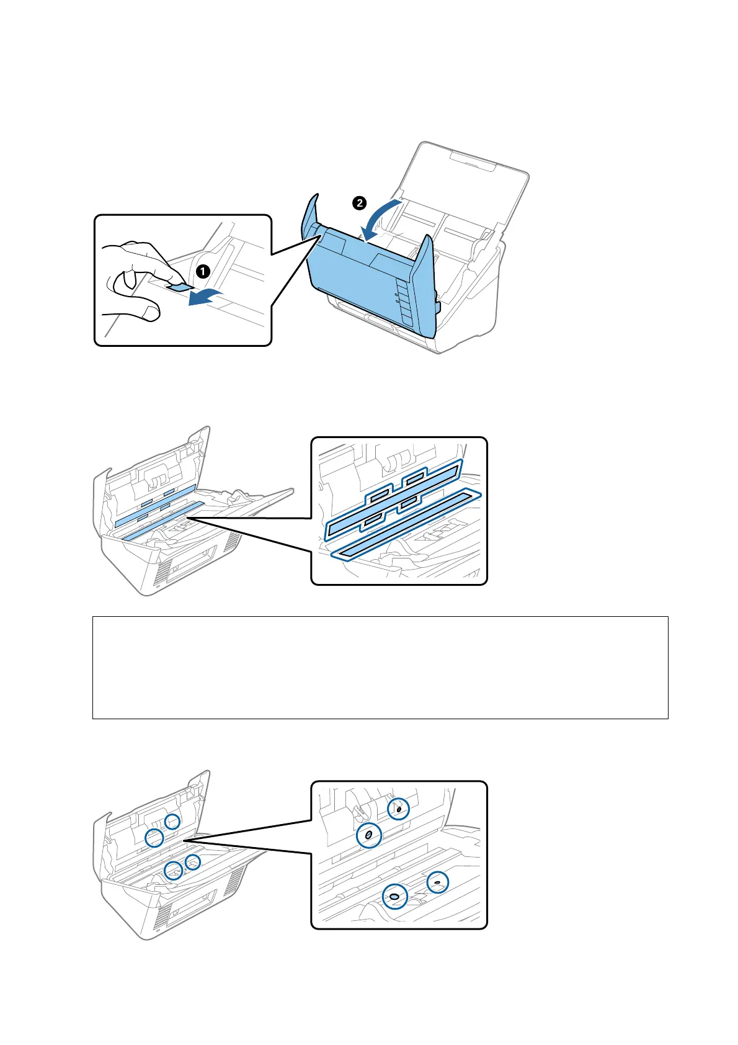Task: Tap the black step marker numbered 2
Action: pos(360,202)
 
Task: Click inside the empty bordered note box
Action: pos(380,667)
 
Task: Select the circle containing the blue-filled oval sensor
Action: pos(394,896)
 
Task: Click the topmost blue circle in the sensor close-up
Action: pos(398,809)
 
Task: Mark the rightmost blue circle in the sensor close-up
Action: pos(437,882)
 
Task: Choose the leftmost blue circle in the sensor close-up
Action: pos(368,836)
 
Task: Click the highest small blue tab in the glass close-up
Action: pos(414,477)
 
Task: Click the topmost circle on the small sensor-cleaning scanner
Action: pos(172,821)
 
